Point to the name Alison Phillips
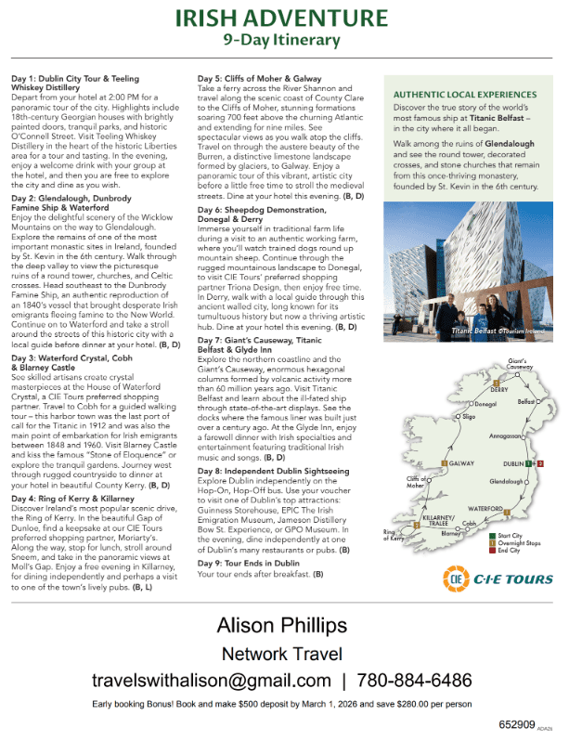pyautogui.click(x=282, y=624)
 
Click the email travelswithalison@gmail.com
pyautogui.click(x=212, y=681)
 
